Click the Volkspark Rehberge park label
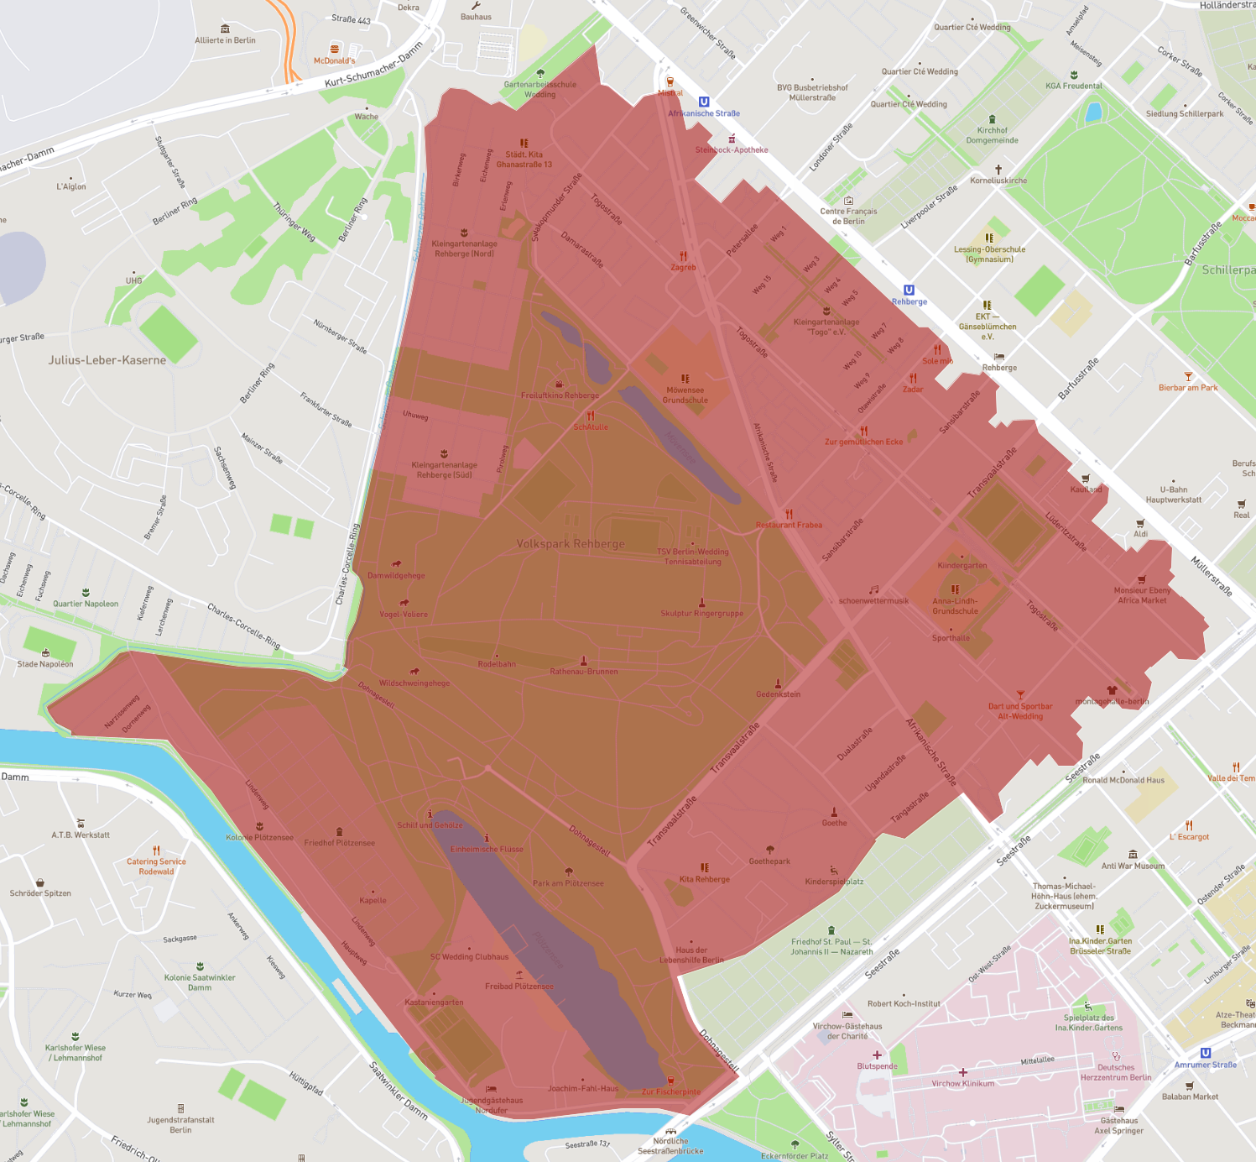point(571,544)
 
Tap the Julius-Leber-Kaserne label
point(107,360)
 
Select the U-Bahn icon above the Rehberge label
point(909,290)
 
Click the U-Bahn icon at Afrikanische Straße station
point(704,102)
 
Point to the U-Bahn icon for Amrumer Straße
point(1206,1053)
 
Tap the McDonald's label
point(334,60)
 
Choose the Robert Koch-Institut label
point(904,1003)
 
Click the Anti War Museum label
point(1133,866)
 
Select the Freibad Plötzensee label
point(519,987)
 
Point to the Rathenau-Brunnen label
point(584,672)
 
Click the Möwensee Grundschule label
point(685,395)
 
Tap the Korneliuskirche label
point(998,181)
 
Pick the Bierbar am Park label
point(1188,388)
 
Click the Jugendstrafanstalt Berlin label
point(180,1125)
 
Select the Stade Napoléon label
point(45,664)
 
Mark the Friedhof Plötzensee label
point(339,843)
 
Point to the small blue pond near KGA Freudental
point(1093,112)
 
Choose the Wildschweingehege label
point(414,683)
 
